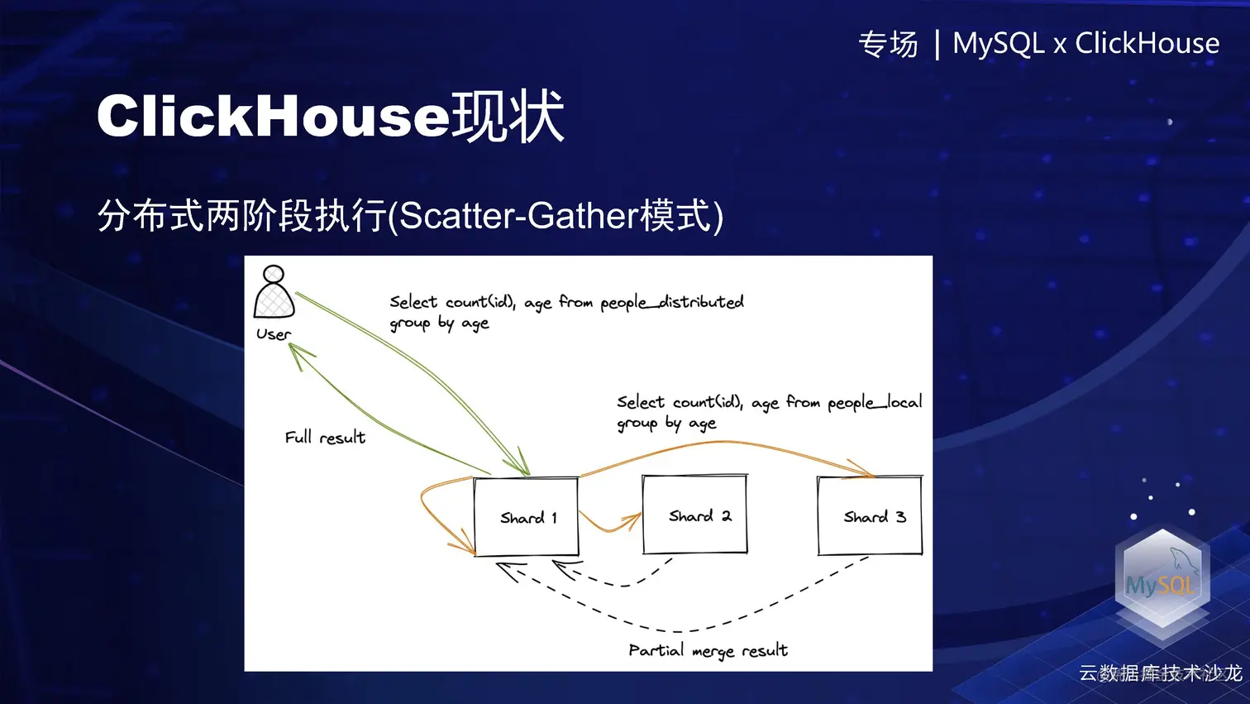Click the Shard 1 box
tap(526, 517)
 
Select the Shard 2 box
tap(695, 515)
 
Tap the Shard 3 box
tap(870, 516)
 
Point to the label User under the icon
tap(274, 334)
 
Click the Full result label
tap(325, 438)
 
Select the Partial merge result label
tap(708, 651)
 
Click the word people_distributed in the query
tap(672, 303)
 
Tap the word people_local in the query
tap(875, 403)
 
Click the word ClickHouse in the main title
tap(273, 117)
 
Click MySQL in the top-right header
tap(998, 43)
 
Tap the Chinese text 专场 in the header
tap(888, 44)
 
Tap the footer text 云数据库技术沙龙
tap(1160, 673)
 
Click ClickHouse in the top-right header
tap(1147, 43)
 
